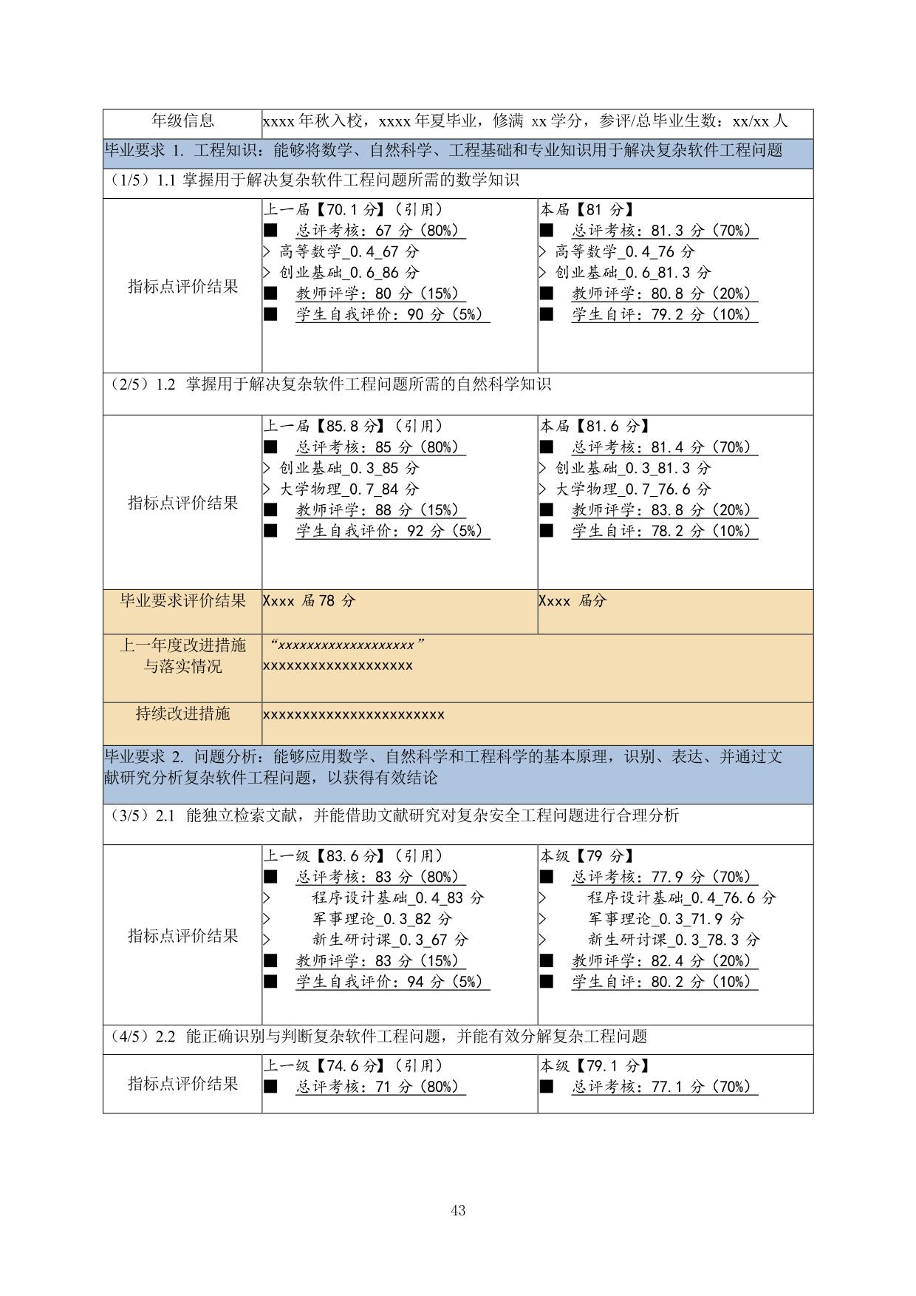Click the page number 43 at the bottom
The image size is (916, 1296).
(457, 1210)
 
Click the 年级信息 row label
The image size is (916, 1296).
(182, 121)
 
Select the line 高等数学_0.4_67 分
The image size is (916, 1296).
(349, 251)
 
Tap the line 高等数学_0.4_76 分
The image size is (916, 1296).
(625, 251)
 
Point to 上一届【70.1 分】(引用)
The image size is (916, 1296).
(353, 210)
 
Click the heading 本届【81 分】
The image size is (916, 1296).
(587, 210)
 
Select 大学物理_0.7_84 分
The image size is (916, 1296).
(349, 489)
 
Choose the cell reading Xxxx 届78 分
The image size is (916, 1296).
(309, 601)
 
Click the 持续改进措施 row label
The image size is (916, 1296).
(182, 713)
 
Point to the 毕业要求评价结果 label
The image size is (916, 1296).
(182, 601)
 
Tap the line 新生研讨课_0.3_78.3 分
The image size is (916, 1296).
(673, 940)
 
